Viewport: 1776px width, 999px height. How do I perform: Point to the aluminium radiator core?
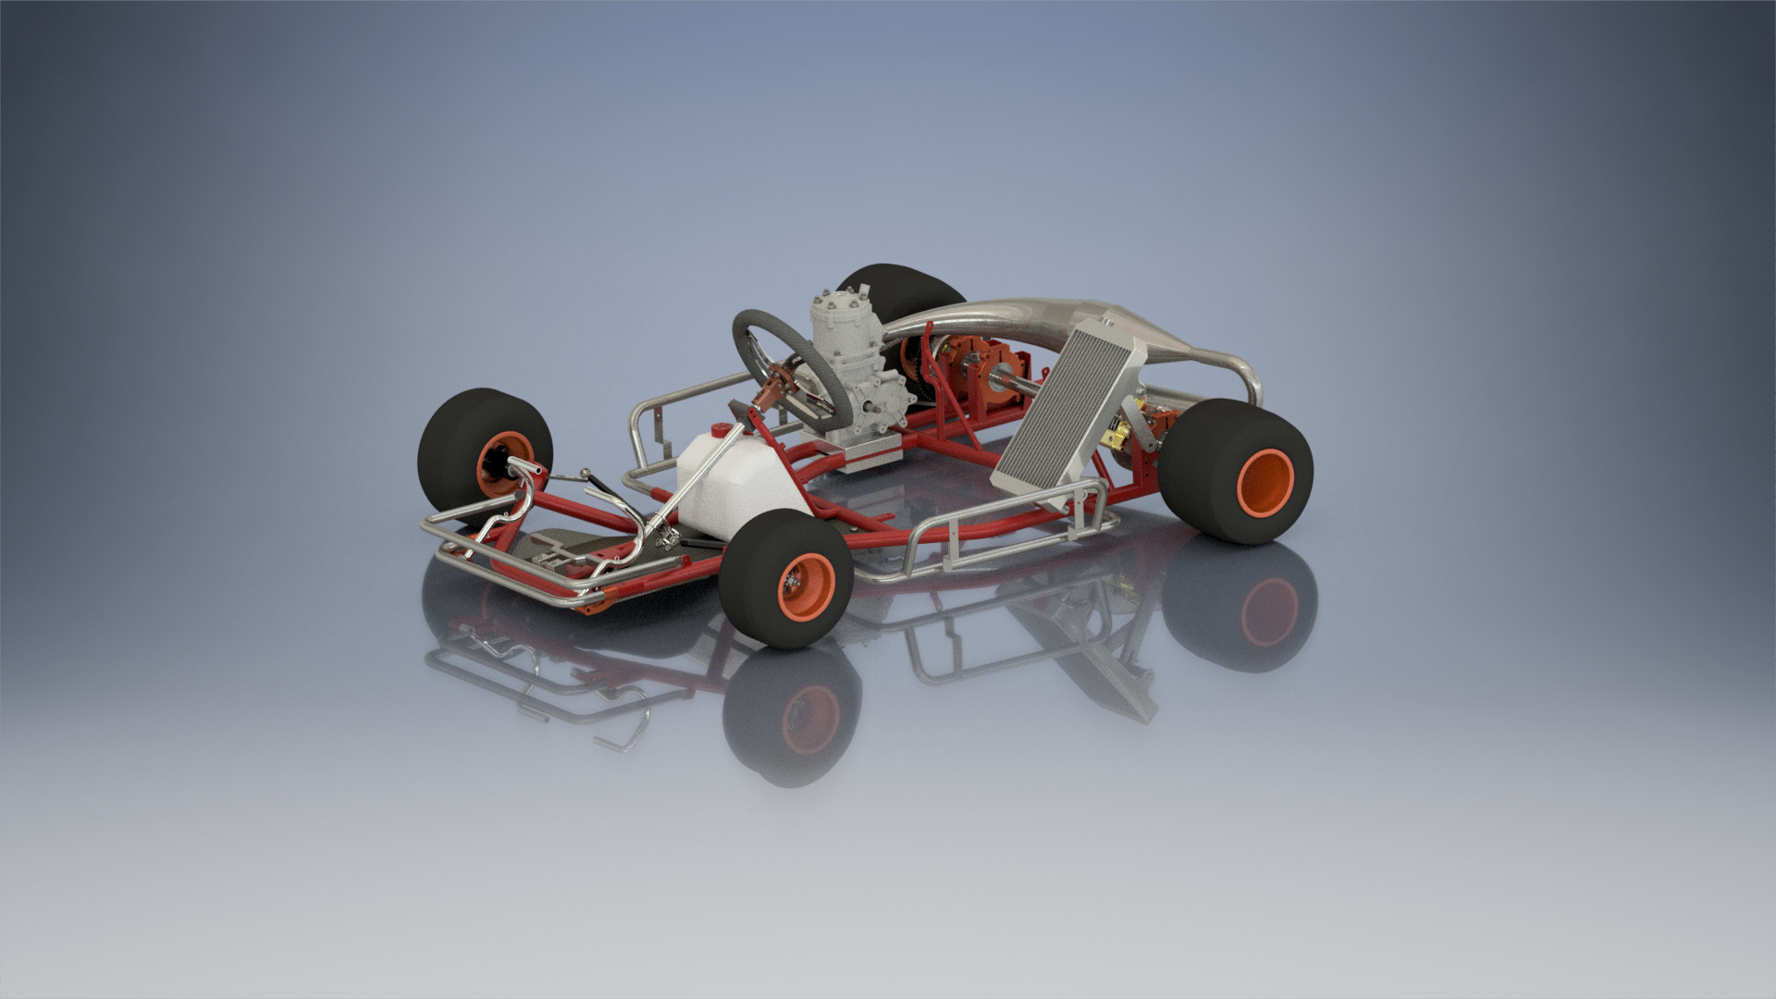coord(1064,407)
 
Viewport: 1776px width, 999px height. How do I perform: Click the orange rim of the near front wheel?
coord(807,580)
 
